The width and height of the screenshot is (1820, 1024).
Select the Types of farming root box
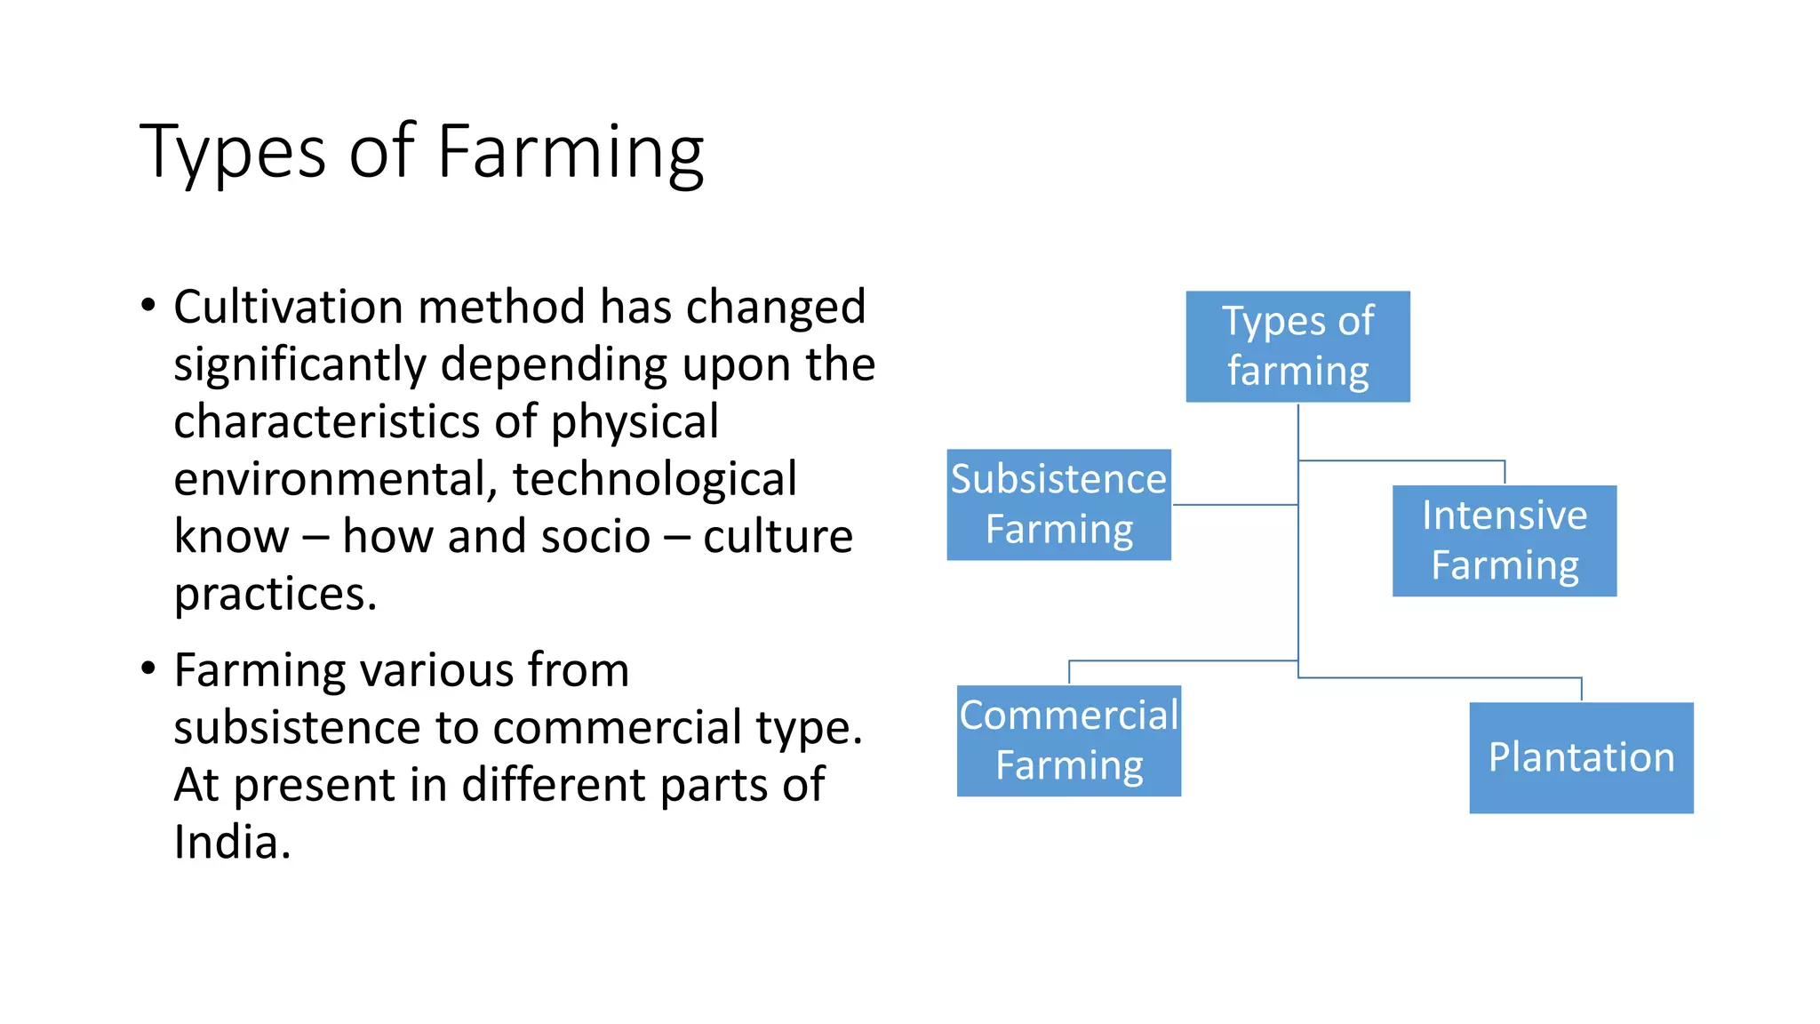[x=1297, y=347]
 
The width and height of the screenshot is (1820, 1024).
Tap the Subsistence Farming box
[x=1058, y=504]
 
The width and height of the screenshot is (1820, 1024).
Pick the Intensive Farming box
[x=1504, y=540]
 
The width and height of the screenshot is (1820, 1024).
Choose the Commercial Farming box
[x=1068, y=740]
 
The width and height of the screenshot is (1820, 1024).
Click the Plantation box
[x=1581, y=757]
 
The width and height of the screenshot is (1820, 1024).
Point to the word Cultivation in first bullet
[x=288, y=308]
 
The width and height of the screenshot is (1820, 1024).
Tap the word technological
[x=654, y=480]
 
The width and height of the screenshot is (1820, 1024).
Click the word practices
[x=275, y=594]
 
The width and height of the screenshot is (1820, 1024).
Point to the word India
[x=231, y=842]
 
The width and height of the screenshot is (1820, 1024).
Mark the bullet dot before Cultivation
[x=148, y=307]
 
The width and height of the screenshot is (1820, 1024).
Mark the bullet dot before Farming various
[x=148, y=669]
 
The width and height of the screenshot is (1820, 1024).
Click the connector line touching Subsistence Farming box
[x=1235, y=505]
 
